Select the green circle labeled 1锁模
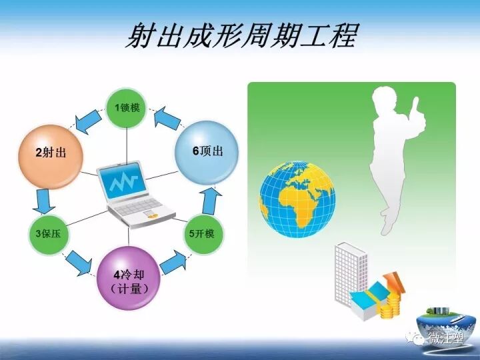(127, 107)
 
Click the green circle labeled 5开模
(204, 233)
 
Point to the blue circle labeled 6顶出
(207, 151)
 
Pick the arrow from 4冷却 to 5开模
(174, 261)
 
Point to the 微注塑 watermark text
(447, 339)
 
